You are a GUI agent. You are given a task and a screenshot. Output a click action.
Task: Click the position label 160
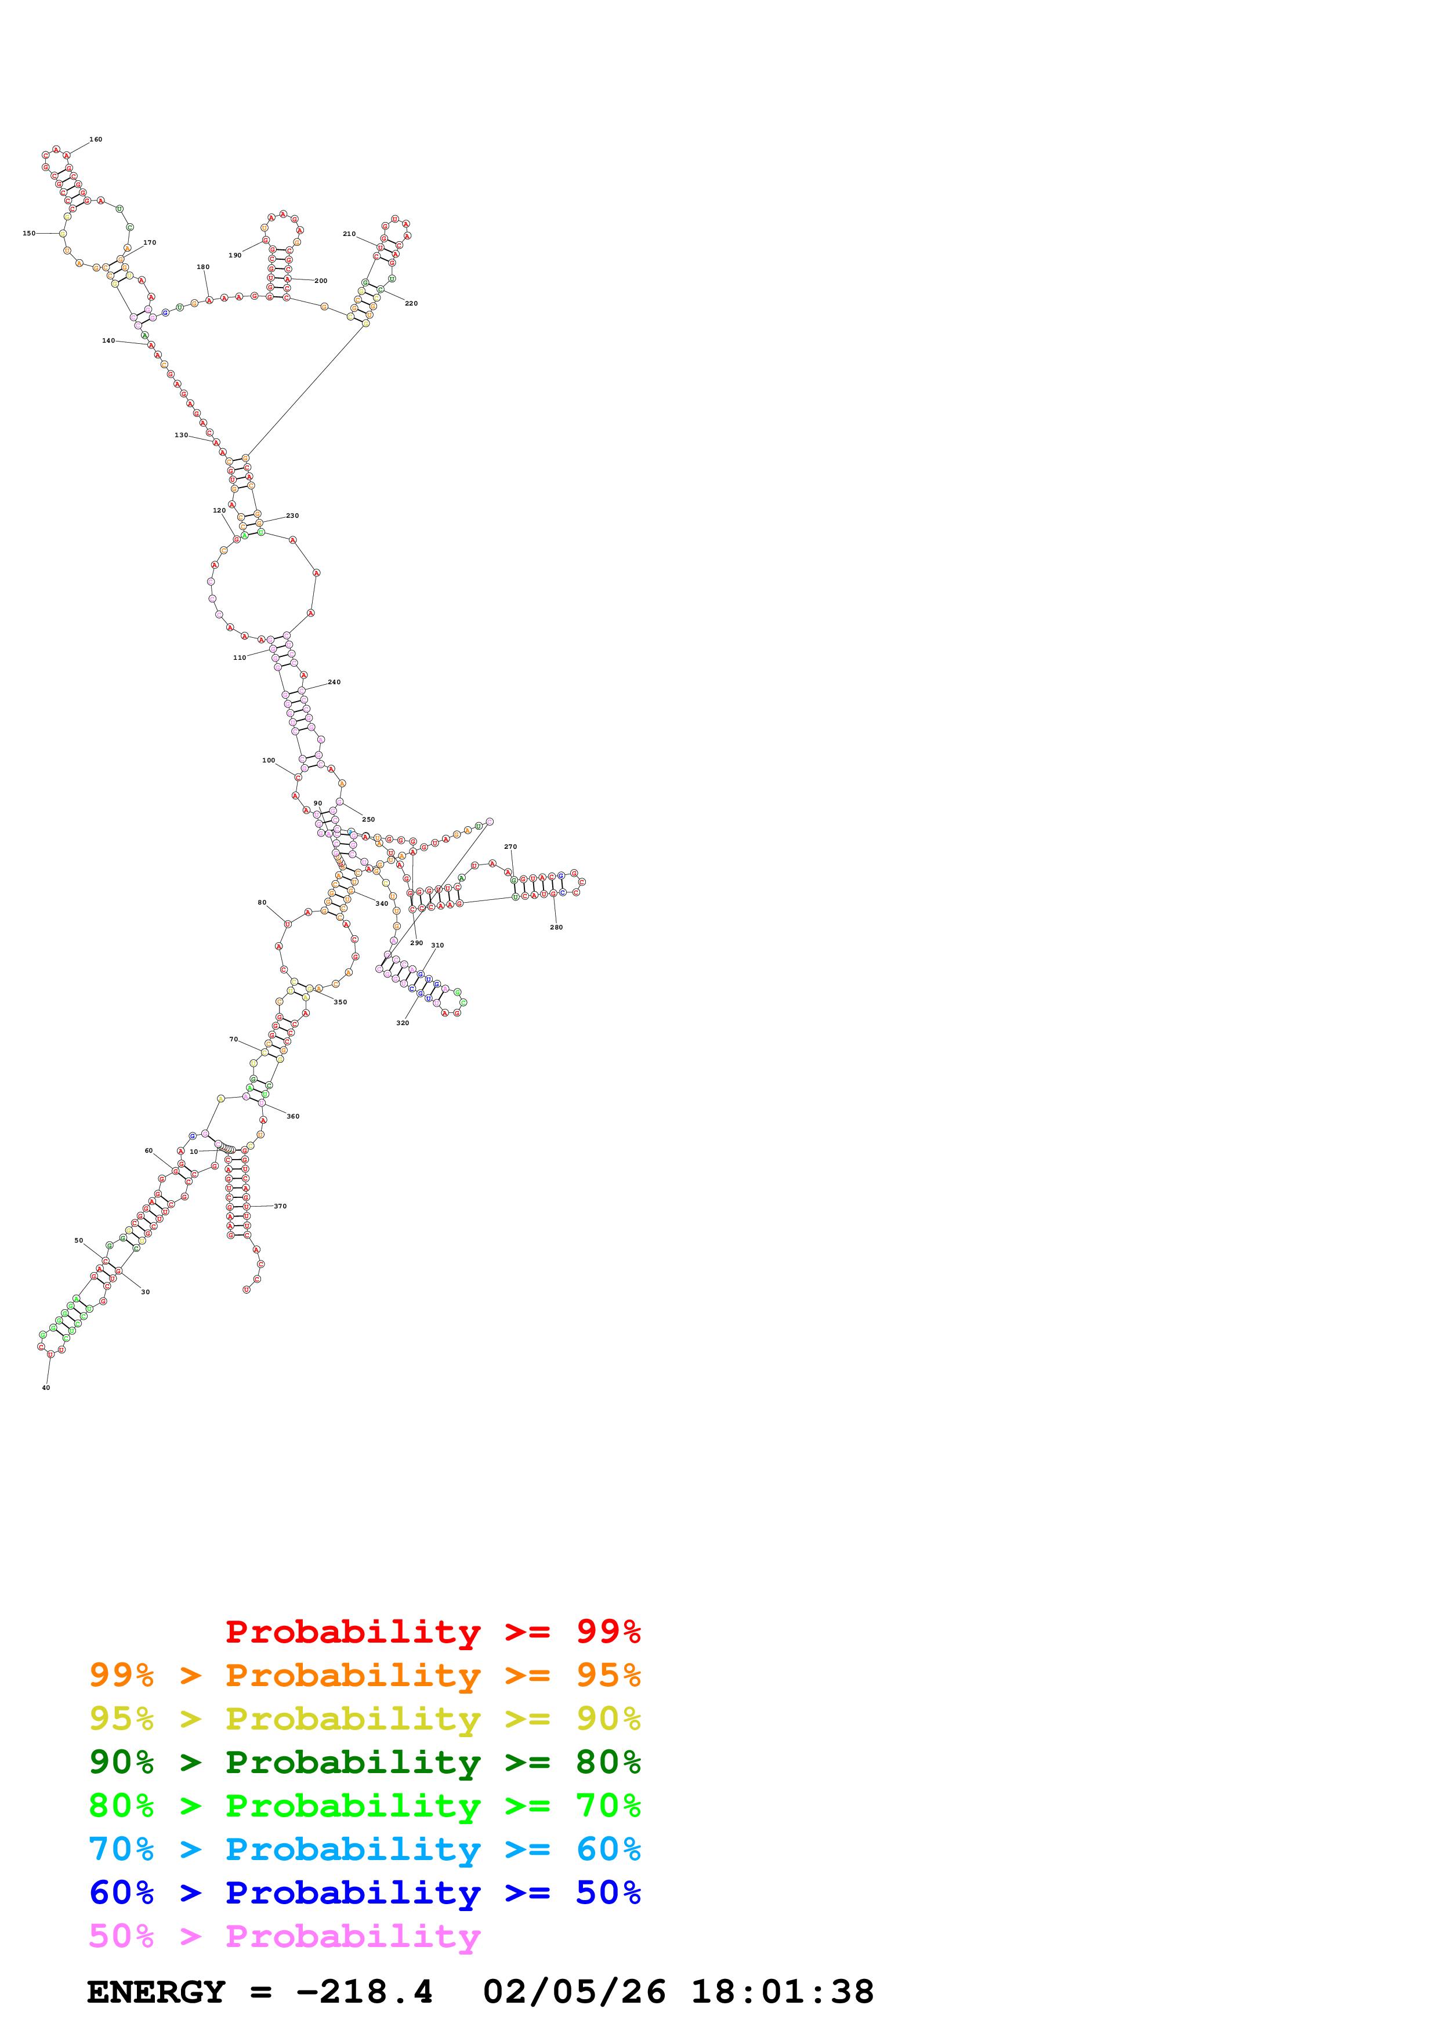(96, 139)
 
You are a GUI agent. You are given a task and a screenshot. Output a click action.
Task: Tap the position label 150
(29, 233)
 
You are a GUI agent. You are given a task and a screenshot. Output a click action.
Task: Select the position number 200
(321, 281)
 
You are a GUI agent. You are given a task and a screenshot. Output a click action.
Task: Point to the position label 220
(411, 303)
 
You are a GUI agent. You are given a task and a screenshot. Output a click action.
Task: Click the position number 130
(181, 435)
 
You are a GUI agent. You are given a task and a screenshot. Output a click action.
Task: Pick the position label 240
(334, 682)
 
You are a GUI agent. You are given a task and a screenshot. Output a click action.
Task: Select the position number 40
(46, 1388)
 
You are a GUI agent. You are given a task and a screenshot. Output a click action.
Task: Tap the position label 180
(203, 267)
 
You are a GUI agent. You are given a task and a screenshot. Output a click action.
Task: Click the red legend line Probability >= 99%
(432, 1632)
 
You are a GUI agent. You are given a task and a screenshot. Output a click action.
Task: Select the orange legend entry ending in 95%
(365, 1675)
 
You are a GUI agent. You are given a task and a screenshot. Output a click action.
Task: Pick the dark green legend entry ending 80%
(365, 1762)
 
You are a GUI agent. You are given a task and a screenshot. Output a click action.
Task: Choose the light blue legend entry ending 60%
(365, 1849)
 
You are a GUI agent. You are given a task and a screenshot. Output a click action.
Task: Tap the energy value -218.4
(364, 1992)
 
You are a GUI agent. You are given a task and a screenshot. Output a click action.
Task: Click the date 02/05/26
(574, 1992)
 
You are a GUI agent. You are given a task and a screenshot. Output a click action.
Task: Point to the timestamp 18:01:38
(783, 1992)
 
